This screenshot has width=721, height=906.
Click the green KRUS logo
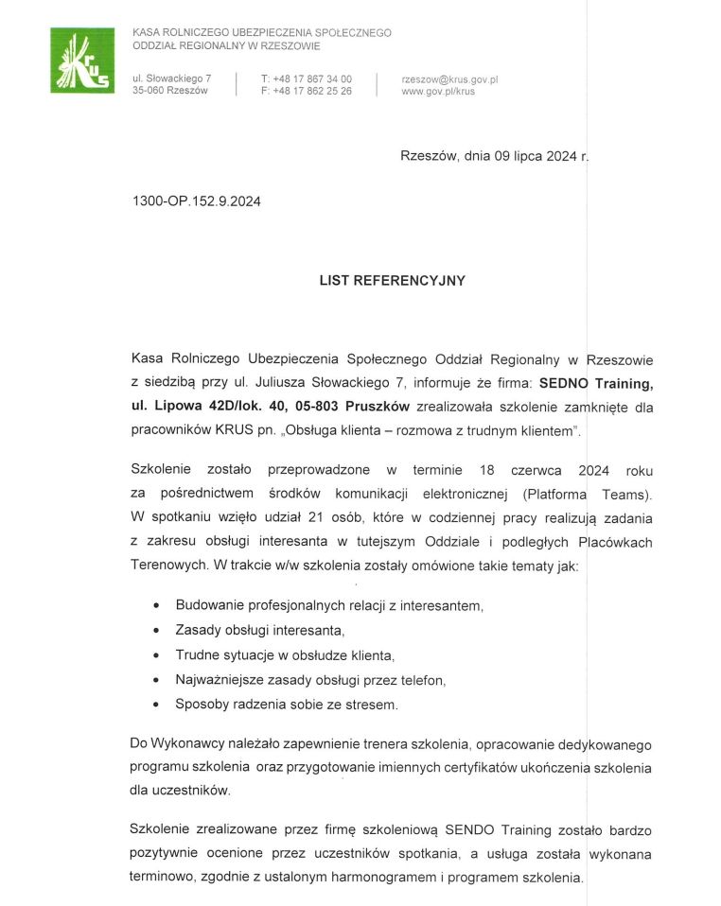[81, 61]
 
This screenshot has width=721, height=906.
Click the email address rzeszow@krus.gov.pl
[449, 79]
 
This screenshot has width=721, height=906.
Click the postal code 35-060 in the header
[148, 92]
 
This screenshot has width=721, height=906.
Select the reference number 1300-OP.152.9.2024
[197, 201]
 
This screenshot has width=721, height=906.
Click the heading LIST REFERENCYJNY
[392, 281]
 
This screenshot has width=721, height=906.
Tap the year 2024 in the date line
[562, 157]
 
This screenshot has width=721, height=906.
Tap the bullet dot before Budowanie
[155, 605]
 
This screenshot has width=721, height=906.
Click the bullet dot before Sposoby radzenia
[155, 705]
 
